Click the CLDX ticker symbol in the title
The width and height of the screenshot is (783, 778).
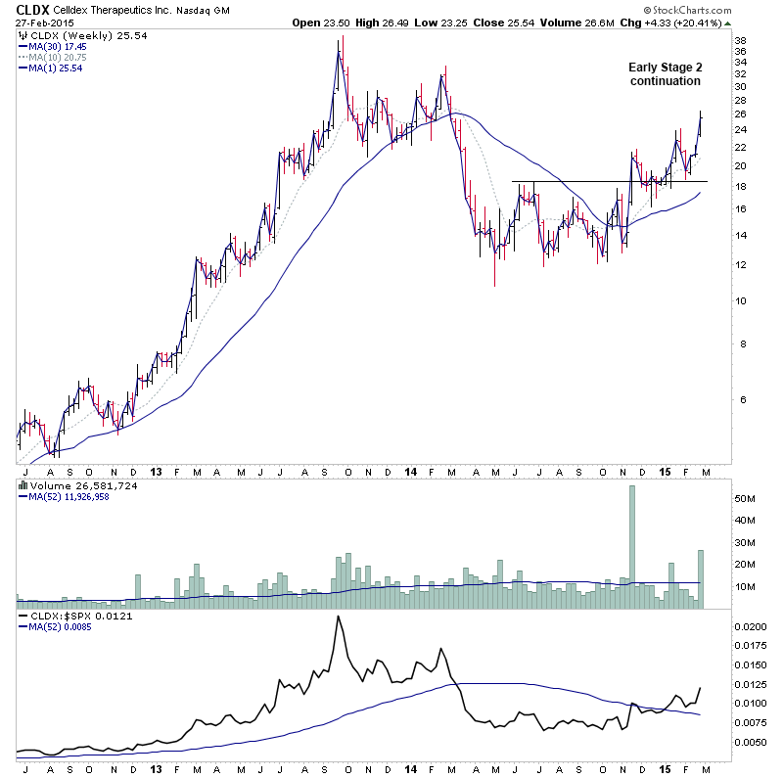coord(33,11)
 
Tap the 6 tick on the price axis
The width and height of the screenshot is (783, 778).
coord(741,399)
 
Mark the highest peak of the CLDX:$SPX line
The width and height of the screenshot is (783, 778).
coord(338,617)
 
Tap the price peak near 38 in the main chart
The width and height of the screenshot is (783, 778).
coord(340,39)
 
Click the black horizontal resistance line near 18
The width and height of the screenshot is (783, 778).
coord(607,181)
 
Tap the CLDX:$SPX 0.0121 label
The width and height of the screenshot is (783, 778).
coord(69,617)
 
